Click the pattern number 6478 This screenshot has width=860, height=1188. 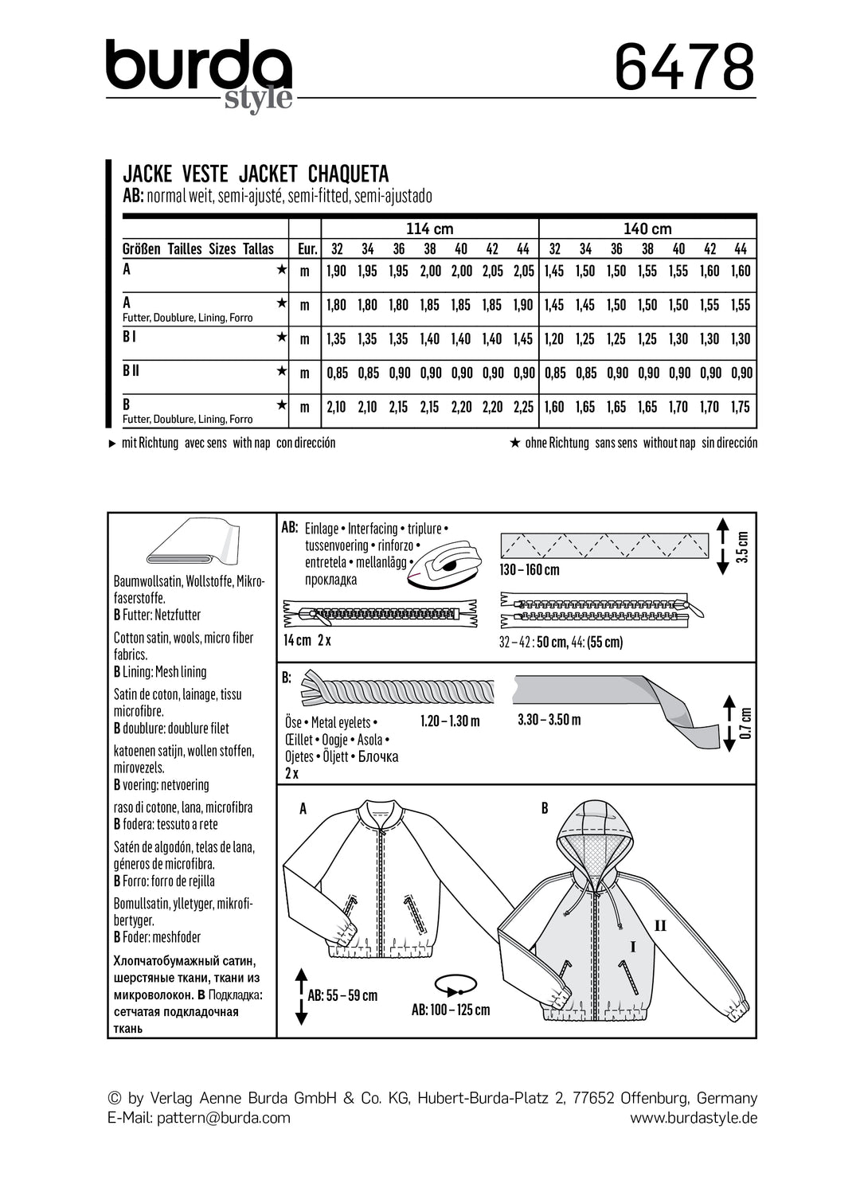point(684,68)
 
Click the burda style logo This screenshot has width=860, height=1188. point(200,74)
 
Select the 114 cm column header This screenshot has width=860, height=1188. point(429,229)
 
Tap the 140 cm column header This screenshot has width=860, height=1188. point(647,229)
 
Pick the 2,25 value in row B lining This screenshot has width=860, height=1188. point(523,407)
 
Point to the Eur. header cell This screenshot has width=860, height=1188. point(307,248)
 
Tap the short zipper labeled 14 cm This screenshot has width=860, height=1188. point(380,614)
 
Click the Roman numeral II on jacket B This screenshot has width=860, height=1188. point(660,925)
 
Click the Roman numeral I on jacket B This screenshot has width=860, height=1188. point(633,947)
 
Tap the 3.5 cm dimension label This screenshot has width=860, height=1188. point(742,546)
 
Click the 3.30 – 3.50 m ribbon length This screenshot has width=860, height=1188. point(549,720)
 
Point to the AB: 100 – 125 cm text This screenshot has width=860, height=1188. point(451,1010)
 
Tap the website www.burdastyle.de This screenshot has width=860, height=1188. point(694,1117)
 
